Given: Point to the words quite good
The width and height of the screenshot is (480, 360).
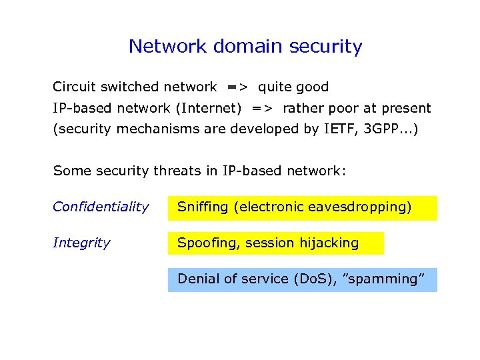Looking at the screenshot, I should click(x=293, y=87).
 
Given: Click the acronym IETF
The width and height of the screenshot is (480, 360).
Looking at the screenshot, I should click(x=341, y=129).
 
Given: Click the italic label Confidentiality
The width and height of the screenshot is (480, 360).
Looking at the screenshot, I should click(x=101, y=207).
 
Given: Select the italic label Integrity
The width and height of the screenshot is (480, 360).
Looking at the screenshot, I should click(x=81, y=243).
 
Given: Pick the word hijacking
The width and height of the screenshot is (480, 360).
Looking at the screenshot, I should click(x=327, y=243).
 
